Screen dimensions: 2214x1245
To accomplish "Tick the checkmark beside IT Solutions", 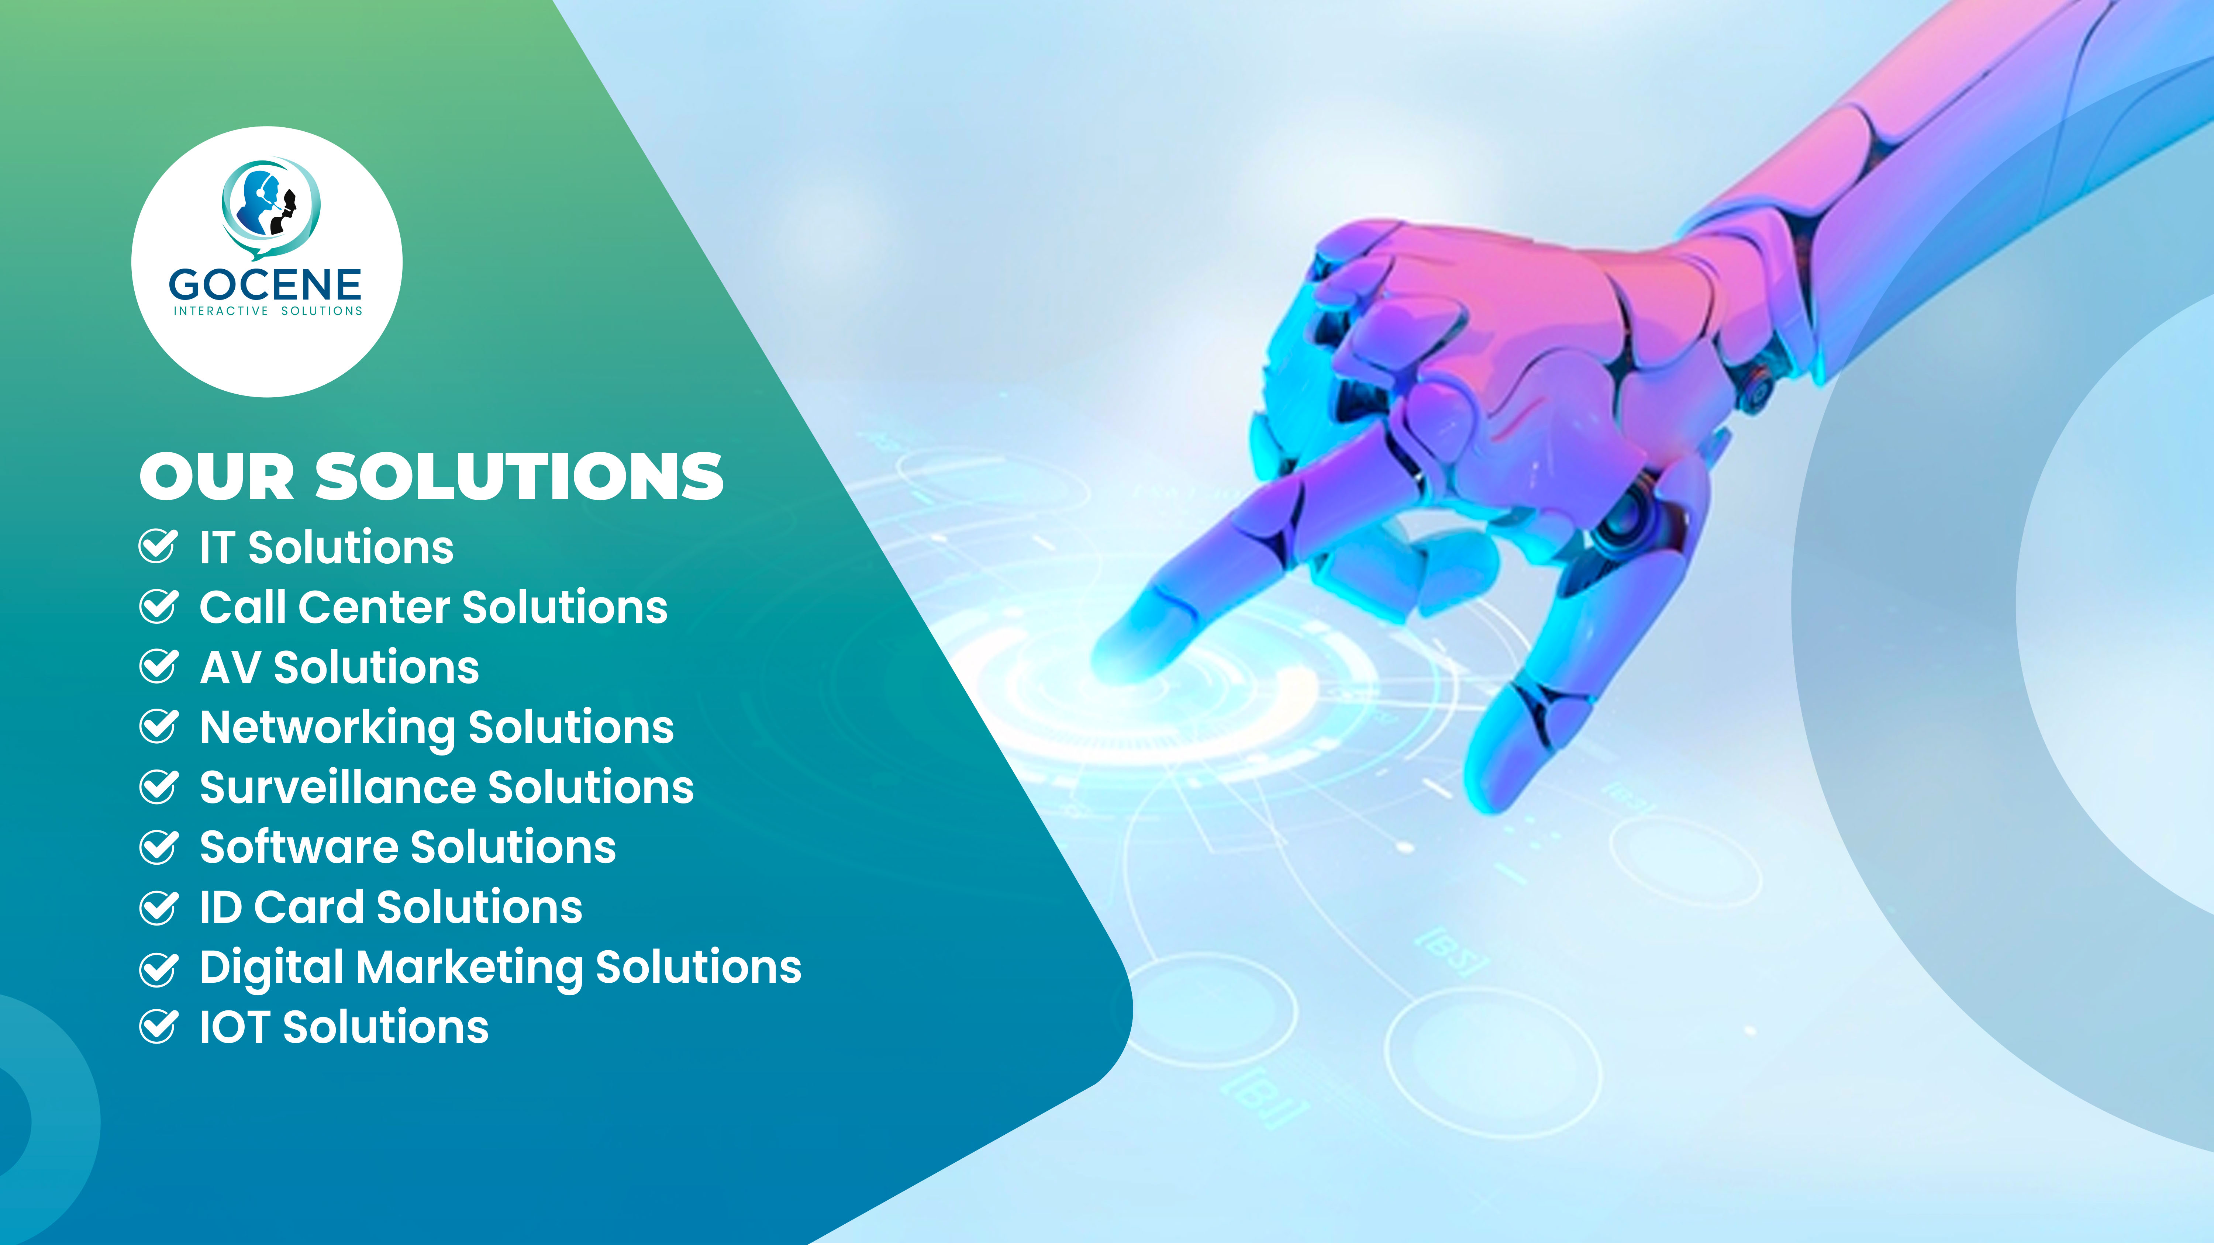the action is (158, 546).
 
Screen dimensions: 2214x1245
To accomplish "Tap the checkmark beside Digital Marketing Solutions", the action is (158, 968).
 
